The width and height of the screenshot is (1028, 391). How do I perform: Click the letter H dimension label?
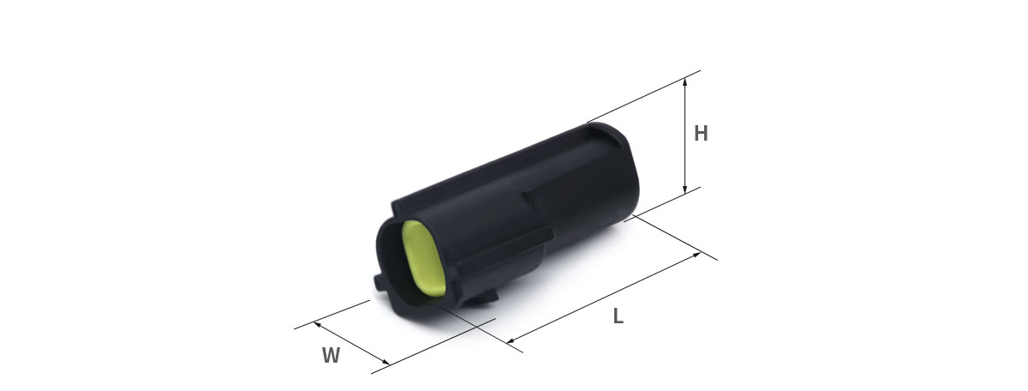pyautogui.click(x=701, y=133)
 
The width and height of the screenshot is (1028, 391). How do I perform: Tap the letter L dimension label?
pyautogui.click(x=619, y=316)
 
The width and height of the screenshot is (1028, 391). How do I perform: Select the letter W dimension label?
pyautogui.click(x=331, y=356)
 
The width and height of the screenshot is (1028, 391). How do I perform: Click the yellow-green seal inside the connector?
pyautogui.click(x=422, y=259)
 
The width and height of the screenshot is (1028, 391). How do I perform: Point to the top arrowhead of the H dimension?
pyautogui.click(x=684, y=81)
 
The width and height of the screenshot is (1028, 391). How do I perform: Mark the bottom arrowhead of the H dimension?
pyautogui.click(x=684, y=189)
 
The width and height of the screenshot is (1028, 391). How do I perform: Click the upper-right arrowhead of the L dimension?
pyautogui.click(x=696, y=255)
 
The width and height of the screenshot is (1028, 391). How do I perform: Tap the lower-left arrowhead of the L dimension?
pyautogui.click(x=511, y=340)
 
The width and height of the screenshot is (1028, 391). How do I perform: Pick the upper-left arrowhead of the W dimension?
pyautogui.click(x=317, y=324)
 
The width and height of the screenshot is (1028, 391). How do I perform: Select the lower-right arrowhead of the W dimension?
pyautogui.click(x=385, y=362)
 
